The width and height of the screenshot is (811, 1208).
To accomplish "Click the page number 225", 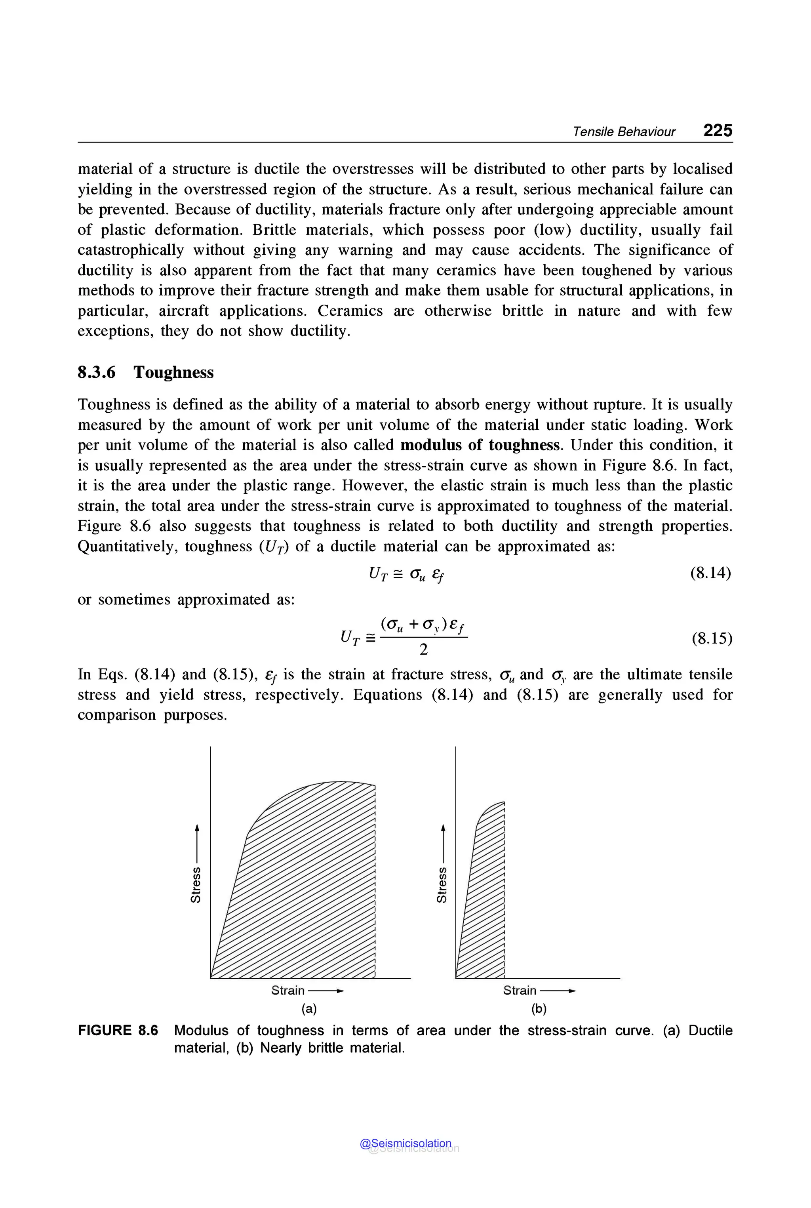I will pos(718,130).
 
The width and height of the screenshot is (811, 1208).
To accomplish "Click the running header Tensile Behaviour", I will pos(623,132).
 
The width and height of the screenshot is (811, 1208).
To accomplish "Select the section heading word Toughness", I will pos(173,372).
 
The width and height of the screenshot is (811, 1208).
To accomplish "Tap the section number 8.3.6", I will pos(97,372).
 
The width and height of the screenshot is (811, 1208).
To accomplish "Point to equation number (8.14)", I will pos(711,573).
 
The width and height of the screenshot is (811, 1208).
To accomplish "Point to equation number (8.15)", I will pos(712,638).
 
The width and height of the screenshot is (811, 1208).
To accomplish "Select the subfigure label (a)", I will pos(309,1008).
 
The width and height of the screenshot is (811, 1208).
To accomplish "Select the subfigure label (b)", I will pos(539,1008).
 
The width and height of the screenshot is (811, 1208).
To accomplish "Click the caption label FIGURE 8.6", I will pos(118,1030).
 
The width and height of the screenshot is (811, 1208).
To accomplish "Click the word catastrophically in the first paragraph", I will pos(130,250).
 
